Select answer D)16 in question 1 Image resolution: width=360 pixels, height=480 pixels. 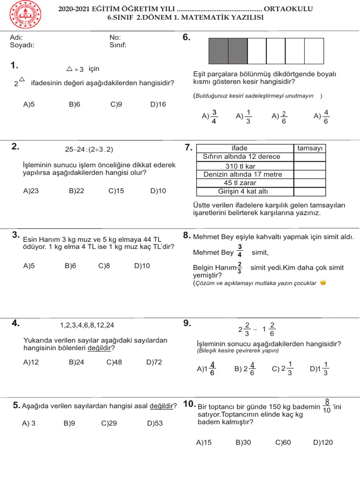pos(158,105)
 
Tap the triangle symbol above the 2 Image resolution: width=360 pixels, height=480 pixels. pos(22,80)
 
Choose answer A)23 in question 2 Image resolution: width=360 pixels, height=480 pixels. pos(30,191)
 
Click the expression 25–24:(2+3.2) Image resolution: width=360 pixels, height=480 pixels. pos(89,150)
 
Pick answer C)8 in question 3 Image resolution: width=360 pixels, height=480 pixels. pos(104,266)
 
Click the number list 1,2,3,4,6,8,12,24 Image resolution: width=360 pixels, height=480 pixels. pos(87,325)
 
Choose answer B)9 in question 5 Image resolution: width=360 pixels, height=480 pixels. pos(69,423)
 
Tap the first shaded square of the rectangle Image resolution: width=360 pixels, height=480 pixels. pos(218,51)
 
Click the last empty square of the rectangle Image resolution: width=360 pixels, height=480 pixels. pos(314,51)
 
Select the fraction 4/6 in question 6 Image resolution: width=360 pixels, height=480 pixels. pos(326,116)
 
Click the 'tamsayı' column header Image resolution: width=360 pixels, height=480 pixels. pos(310,148)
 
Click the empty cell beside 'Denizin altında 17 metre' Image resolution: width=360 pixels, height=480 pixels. pos(310,174)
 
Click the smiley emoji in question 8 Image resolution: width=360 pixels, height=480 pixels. pos(323,283)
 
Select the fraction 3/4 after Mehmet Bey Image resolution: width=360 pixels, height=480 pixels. pos(240,251)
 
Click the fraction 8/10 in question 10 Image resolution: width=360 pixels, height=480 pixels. pos(327,406)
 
